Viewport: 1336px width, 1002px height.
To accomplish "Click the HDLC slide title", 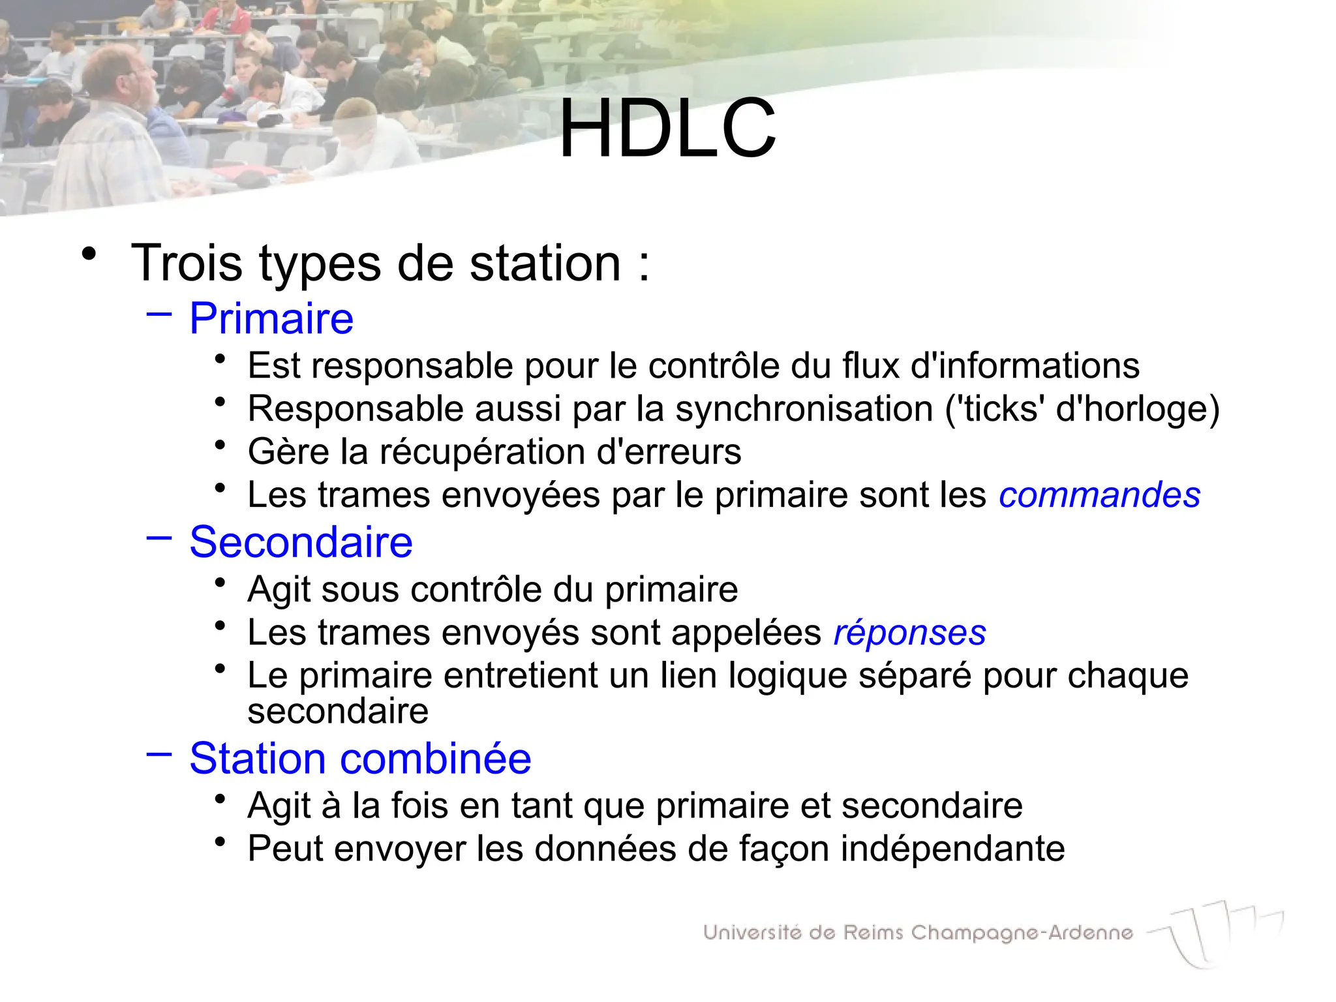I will (x=667, y=129).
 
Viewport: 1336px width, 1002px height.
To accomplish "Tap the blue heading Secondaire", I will (x=301, y=542).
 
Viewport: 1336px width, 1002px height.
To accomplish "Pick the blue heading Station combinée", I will (x=360, y=759).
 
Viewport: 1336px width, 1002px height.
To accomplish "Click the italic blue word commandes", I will (x=1099, y=495).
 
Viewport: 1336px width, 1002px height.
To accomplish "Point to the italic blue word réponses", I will (x=909, y=633).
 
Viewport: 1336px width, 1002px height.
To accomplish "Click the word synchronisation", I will (x=804, y=409).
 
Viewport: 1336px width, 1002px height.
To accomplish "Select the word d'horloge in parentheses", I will (x=1136, y=409).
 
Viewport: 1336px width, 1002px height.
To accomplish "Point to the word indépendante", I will (x=952, y=849).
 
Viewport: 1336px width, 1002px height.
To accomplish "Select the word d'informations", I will (x=1024, y=365).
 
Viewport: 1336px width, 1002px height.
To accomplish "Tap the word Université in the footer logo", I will (x=752, y=933).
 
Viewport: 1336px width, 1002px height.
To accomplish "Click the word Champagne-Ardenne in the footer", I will (x=1022, y=934).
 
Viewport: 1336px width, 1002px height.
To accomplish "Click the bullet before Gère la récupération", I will (x=220, y=445).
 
